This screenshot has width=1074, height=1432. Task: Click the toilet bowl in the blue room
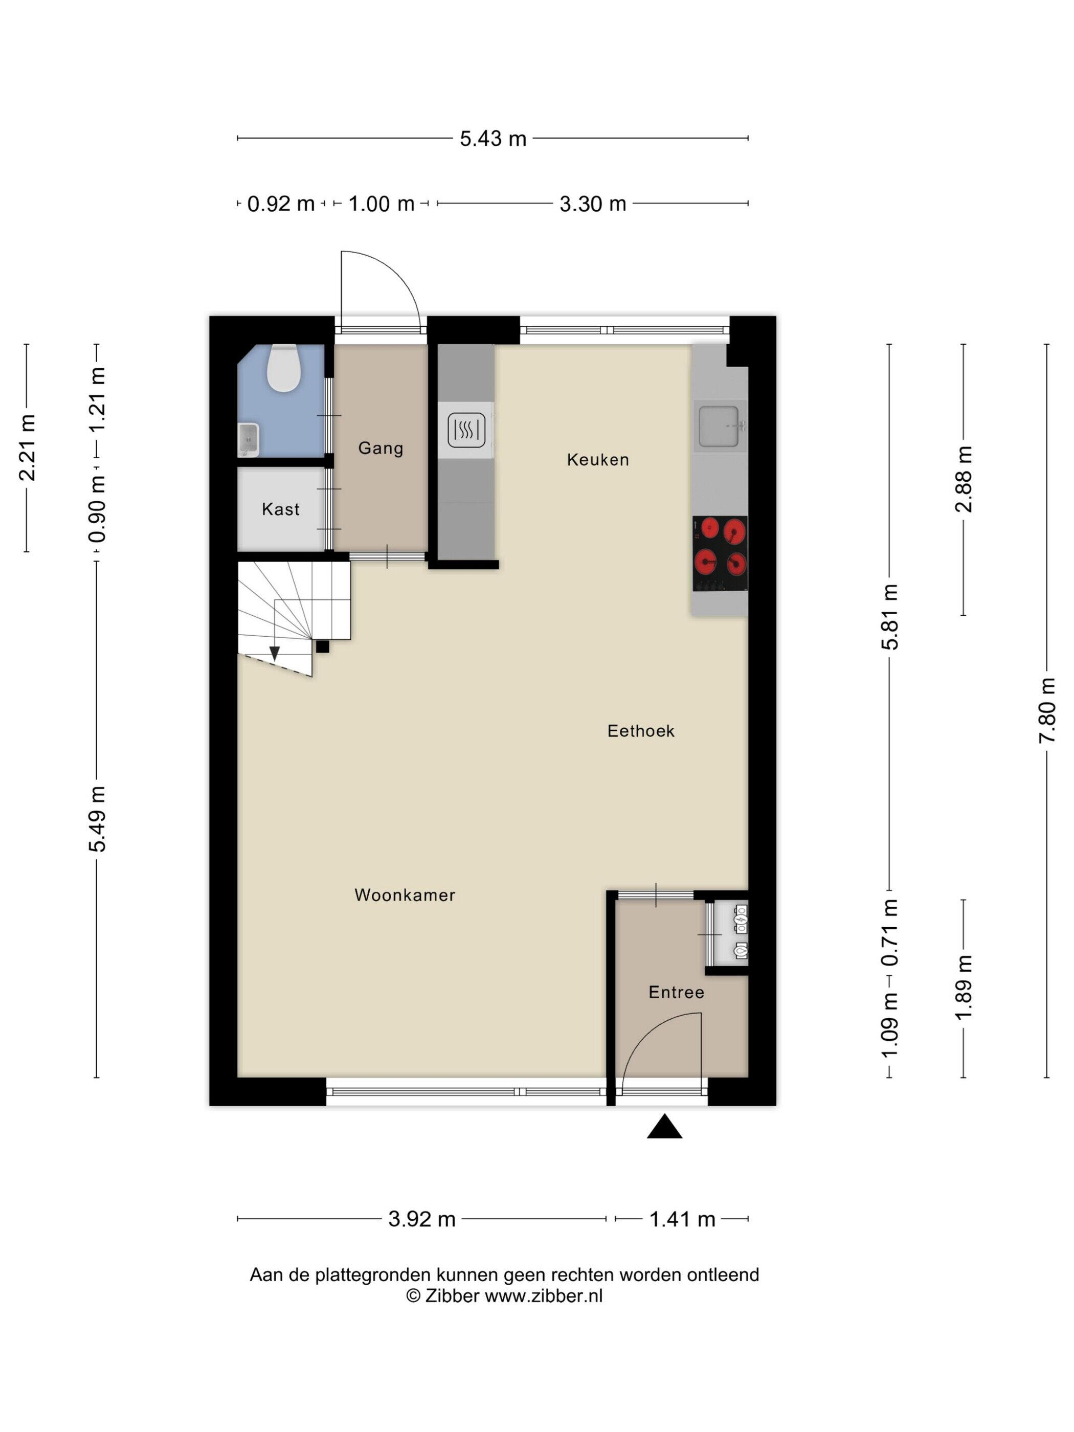283,367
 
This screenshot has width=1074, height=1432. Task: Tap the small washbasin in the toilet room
248,439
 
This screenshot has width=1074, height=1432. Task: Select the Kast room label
280,509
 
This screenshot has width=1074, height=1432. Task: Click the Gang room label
381,448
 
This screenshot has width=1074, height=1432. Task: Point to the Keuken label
597,460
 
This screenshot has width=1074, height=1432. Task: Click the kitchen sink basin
719,426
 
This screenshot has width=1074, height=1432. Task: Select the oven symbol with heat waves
466,430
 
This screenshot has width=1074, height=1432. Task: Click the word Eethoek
640,731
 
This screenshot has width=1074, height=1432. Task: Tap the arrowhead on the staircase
275,654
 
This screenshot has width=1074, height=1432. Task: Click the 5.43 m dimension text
493,139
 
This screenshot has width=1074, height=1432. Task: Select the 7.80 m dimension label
1047,709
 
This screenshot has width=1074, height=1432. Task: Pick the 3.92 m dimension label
421,1219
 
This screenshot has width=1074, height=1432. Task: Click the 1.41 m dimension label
682,1219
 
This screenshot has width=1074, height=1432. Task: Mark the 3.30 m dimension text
592,204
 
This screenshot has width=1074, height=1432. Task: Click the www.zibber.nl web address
543,1295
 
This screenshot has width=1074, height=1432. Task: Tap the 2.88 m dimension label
964,479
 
